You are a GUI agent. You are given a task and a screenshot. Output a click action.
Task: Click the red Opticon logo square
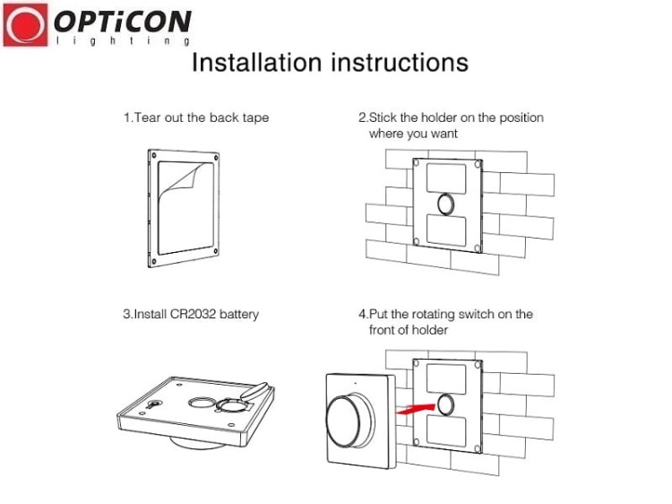pos(25,24)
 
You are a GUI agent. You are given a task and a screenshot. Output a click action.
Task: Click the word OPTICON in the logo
pos(123,22)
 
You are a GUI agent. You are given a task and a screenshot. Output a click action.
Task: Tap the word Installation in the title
pos(256,62)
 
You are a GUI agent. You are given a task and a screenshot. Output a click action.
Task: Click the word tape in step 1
pos(255,118)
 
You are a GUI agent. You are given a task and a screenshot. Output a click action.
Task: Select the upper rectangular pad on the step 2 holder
pos(446,178)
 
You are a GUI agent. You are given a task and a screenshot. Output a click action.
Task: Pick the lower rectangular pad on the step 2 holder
pos(446,230)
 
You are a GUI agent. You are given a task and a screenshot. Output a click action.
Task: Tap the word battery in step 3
pos(239,315)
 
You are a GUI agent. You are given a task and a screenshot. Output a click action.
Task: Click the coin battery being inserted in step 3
pos(256,391)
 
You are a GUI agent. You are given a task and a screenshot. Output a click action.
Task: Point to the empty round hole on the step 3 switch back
pos(201,403)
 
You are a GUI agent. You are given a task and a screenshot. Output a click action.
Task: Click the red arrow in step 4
pos(415,409)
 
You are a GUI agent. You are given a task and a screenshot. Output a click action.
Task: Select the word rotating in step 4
pos(434,315)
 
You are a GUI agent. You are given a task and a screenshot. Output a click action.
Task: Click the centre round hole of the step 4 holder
pos(446,404)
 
